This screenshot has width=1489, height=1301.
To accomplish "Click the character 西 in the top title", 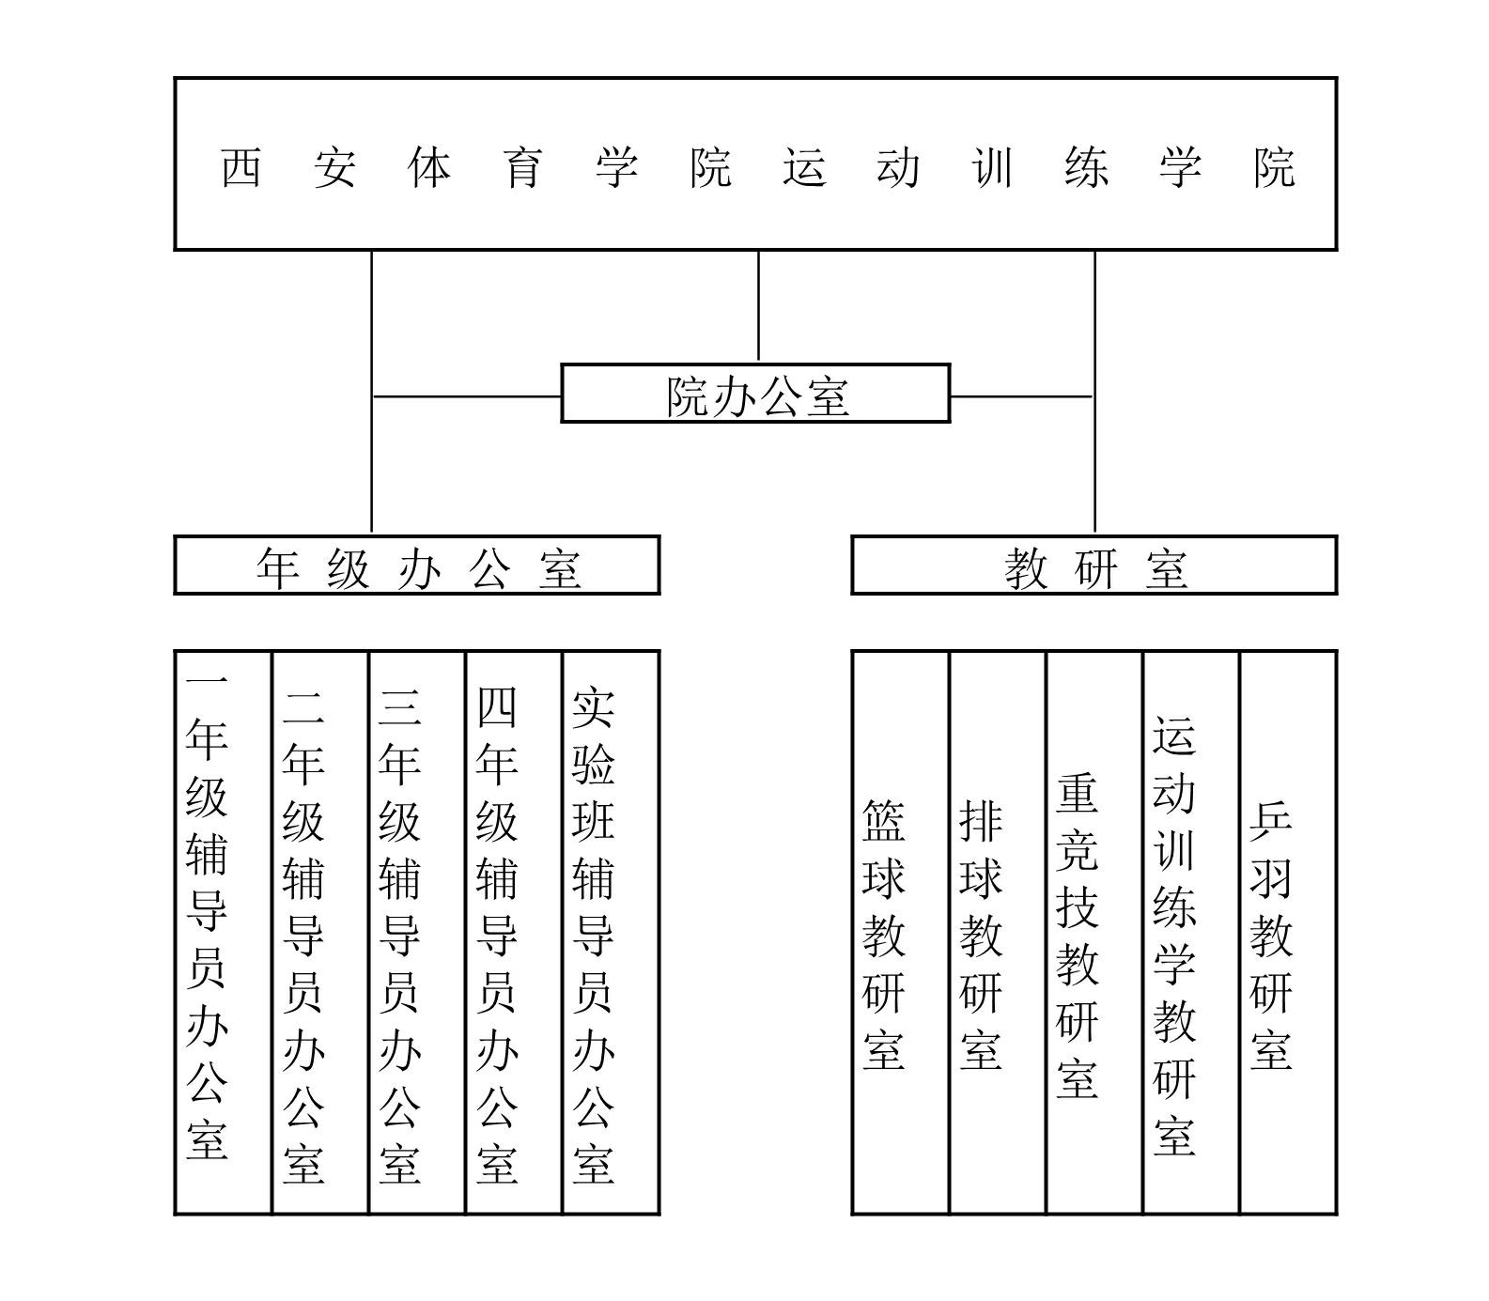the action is click(x=240, y=168).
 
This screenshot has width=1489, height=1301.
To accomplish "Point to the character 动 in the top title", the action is click(x=898, y=168).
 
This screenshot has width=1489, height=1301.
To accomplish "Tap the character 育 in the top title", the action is click(x=522, y=168).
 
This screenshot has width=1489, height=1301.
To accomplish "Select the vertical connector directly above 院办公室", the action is click(x=758, y=307).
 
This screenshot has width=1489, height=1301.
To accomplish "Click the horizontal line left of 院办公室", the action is click(x=467, y=396).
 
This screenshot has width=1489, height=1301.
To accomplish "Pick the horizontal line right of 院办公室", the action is click(x=1022, y=396).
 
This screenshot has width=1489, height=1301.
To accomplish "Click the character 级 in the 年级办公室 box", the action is click(x=349, y=568).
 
